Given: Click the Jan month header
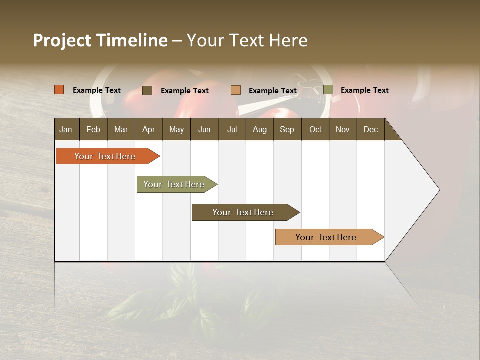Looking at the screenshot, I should click(x=66, y=130).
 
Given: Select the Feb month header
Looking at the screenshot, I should click(x=93, y=130).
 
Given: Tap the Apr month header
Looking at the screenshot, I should click(x=148, y=130).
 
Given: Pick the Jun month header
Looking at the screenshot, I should click(x=204, y=130).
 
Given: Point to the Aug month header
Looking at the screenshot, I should click(x=259, y=130).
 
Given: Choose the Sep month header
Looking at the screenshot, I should click(x=287, y=130).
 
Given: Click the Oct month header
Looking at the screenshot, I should click(x=315, y=130).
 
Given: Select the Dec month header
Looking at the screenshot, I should click(x=370, y=130).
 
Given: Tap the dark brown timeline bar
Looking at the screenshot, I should click(x=243, y=212).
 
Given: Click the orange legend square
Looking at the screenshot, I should click(x=59, y=90).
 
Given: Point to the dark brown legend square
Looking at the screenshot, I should click(x=147, y=90).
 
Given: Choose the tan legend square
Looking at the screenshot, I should click(x=236, y=90).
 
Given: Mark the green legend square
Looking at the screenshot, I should click(x=328, y=90).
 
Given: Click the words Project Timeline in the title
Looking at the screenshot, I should click(x=100, y=40).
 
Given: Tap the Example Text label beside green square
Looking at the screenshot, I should click(x=364, y=90).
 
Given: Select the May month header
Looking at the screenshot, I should click(x=176, y=130).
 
